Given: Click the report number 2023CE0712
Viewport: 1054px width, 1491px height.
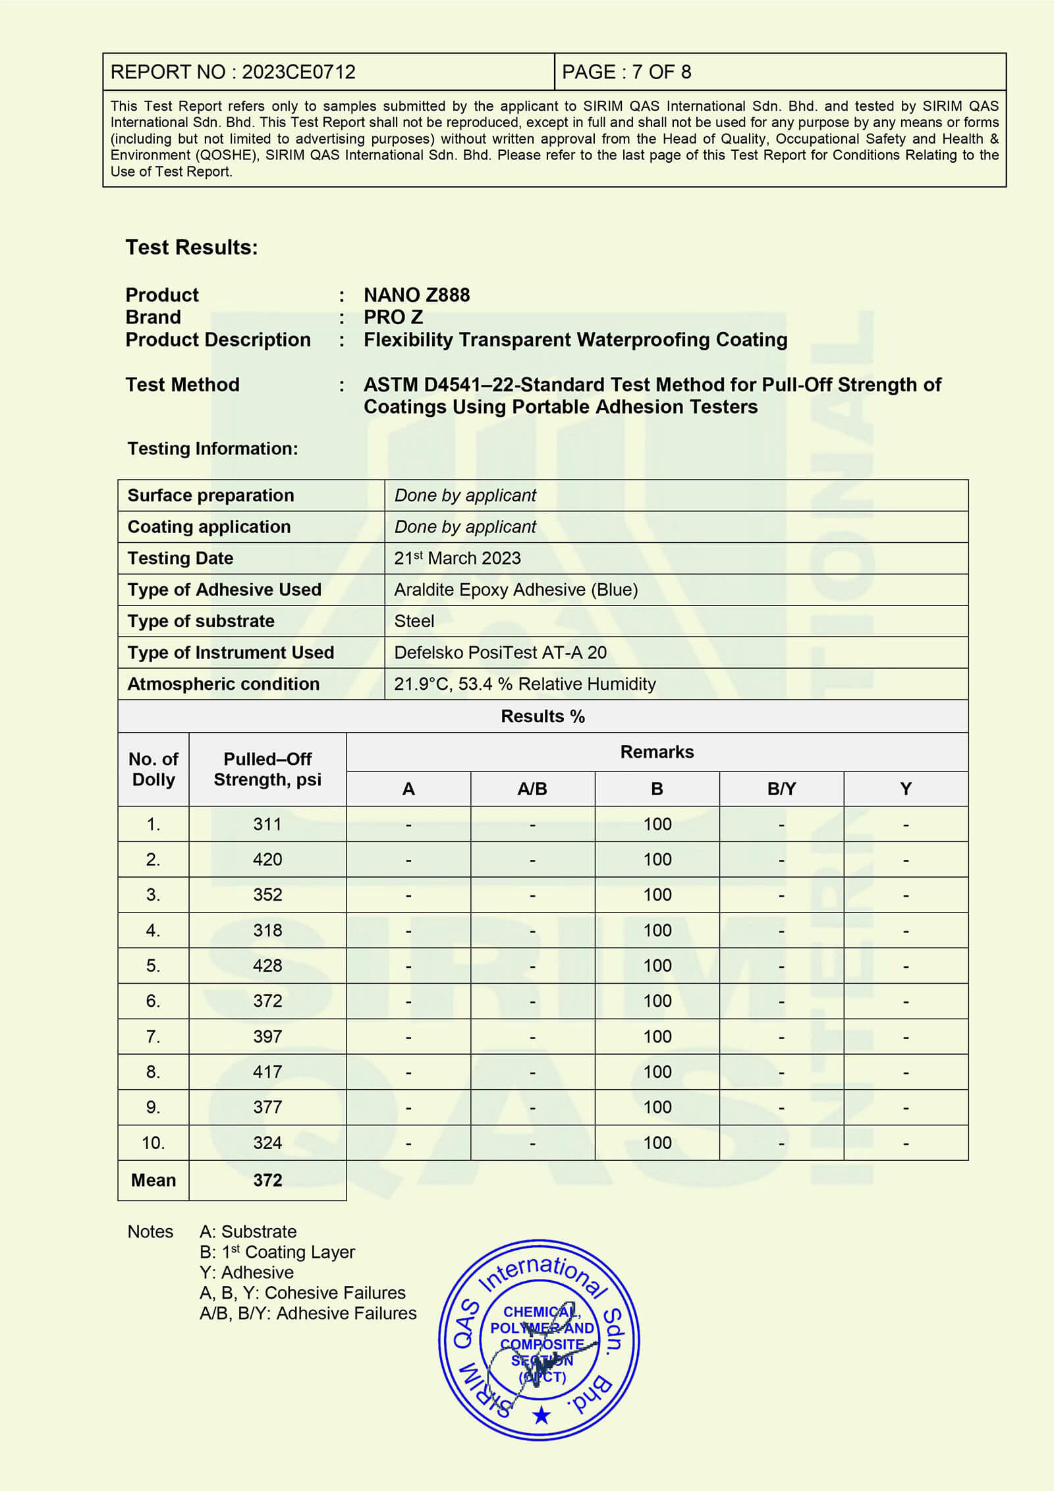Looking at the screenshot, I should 298,72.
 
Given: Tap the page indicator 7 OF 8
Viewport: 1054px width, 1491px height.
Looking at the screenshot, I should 661,72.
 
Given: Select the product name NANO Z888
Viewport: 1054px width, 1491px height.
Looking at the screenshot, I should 416,295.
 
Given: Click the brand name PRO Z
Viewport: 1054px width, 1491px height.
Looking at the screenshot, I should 393,317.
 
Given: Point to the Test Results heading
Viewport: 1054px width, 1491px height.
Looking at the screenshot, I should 192,247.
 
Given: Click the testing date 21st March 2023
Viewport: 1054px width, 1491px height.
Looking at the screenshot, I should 457,558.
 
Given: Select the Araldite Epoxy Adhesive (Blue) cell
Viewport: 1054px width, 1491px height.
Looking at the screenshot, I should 516,590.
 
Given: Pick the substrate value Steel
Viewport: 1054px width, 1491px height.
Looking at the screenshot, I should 414,621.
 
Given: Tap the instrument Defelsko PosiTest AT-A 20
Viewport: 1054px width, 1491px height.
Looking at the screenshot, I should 500,652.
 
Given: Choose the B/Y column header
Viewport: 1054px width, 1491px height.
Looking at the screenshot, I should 781,789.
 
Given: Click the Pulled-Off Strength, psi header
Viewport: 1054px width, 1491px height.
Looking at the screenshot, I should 267,769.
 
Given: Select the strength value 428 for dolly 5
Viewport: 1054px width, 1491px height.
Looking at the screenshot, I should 267,965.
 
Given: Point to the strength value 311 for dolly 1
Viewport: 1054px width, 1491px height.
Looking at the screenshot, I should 267,824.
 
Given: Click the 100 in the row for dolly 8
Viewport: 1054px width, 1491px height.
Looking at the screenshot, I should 657,1072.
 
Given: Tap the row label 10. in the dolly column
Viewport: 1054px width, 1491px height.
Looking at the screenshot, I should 153,1142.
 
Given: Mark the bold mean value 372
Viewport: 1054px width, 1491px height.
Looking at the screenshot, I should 267,1180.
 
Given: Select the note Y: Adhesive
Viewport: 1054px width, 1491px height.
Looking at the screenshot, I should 246,1272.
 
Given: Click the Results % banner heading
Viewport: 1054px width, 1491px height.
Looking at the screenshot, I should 543,716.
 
